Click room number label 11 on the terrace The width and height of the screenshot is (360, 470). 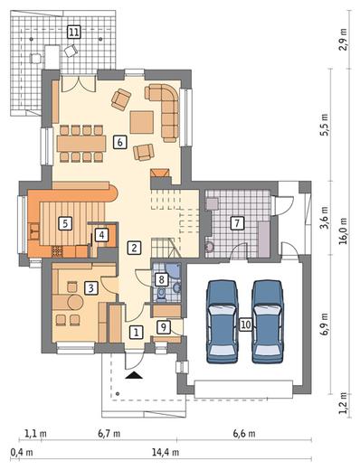(74, 32)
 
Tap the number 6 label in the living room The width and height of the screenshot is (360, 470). (119, 142)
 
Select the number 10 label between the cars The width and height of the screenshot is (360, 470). (246, 324)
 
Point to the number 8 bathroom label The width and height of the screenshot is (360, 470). (161, 279)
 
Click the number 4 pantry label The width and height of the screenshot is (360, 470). (101, 235)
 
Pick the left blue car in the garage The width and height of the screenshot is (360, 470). (222, 322)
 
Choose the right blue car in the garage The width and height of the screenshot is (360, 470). (268, 322)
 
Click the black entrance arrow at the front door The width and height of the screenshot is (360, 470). (134, 375)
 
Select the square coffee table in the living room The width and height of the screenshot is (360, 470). (142, 122)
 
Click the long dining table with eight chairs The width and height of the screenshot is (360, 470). (81, 144)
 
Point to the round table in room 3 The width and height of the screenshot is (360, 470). (75, 302)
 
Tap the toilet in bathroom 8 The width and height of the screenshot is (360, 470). (162, 294)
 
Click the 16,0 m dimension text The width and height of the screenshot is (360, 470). (344, 231)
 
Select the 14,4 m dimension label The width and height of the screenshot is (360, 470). (166, 452)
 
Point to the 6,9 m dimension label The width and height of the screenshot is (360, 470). (325, 324)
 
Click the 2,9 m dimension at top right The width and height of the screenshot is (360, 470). (344, 40)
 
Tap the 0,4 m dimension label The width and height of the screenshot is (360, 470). (22, 452)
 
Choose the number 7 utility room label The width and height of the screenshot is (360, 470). (237, 223)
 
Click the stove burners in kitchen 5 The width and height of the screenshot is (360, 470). (57, 251)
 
